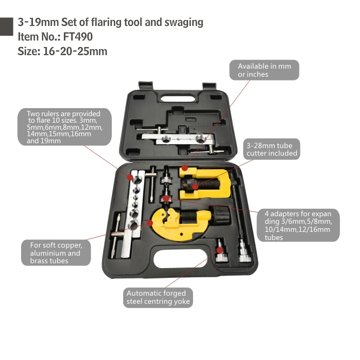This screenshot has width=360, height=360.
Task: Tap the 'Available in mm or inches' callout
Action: tap(268, 70)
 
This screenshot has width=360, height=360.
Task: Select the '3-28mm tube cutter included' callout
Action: tap(271, 149)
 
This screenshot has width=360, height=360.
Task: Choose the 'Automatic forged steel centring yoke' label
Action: tap(158, 297)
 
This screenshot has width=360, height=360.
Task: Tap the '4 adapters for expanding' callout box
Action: tap(298, 224)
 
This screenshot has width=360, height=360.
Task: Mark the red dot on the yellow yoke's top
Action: tap(184, 169)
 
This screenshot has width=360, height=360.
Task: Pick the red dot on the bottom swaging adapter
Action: tap(219, 250)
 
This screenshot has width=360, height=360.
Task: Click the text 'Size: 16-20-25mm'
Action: tap(63, 52)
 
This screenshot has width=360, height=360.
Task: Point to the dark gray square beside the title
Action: tap(6, 25)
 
